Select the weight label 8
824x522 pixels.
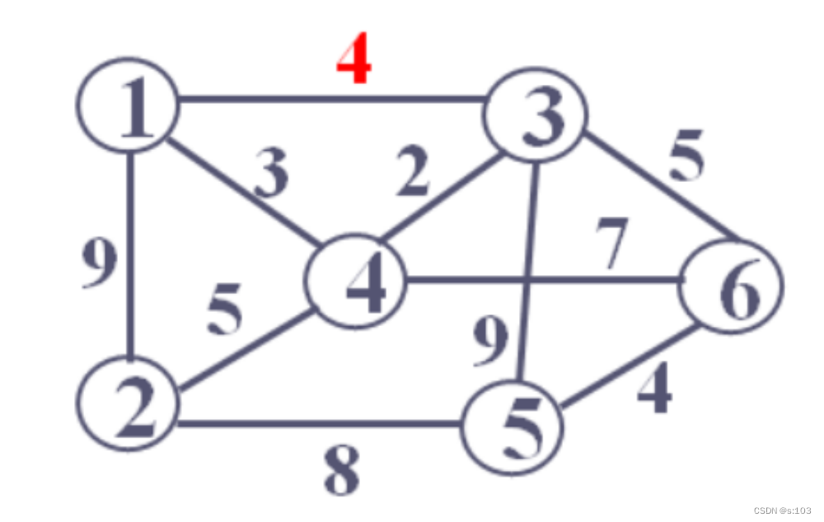(x=340, y=472)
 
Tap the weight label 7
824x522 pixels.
(x=611, y=245)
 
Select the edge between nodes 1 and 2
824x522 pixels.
(x=129, y=255)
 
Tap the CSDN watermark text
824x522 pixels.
(x=783, y=510)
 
